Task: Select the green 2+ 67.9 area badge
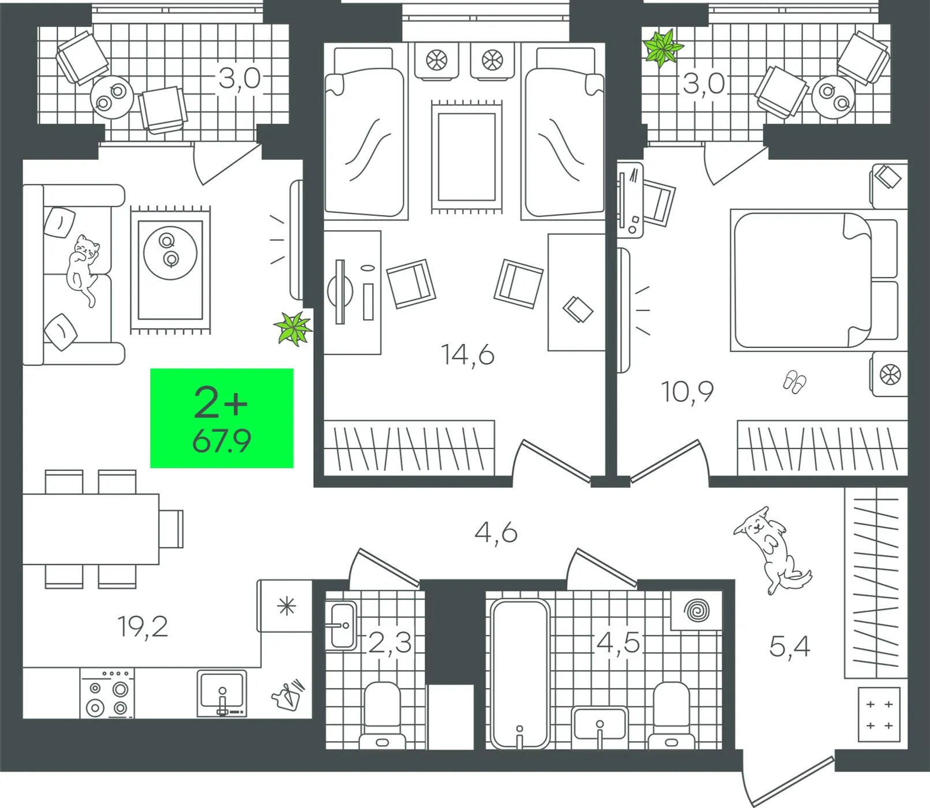pos(222,418)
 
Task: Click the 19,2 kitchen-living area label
pos(142,627)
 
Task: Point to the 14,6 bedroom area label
pos(468,354)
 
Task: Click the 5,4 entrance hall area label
pos(790,646)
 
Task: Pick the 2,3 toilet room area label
pos(390,642)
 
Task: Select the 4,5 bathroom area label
pos(618,642)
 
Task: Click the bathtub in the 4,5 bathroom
pos(520,674)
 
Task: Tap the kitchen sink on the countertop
pos(222,693)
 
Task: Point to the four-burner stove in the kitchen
pos(107,693)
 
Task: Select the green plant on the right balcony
pos(663,47)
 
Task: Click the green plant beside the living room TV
pos(294,328)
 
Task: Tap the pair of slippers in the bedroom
pos(794,382)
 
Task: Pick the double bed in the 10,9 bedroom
pos(814,281)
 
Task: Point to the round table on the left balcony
pos(112,98)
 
